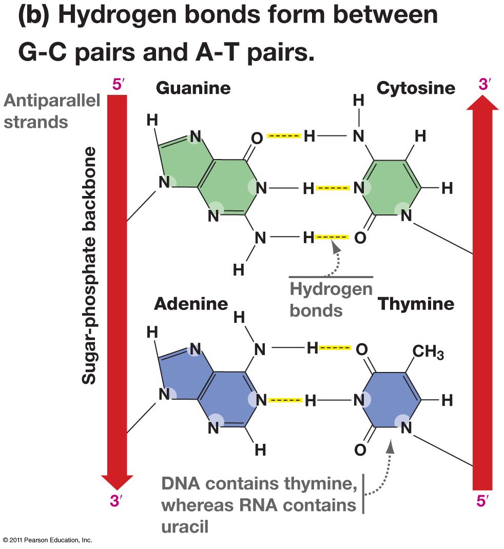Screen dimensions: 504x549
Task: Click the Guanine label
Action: [x=193, y=88]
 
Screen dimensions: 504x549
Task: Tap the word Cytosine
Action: [x=416, y=88]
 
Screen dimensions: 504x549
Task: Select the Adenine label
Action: [x=191, y=304]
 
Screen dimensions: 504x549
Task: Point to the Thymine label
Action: [x=416, y=304]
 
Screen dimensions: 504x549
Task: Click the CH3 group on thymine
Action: [x=428, y=351]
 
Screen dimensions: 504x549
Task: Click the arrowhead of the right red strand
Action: [x=482, y=103]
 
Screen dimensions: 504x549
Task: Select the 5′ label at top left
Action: [x=119, y=84]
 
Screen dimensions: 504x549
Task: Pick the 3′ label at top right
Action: [x=484, y=84]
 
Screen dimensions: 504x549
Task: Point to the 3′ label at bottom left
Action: [x=117, y=501]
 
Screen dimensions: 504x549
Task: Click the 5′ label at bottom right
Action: [x=482, y=501]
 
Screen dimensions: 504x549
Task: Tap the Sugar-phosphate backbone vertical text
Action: [x=89, y=265]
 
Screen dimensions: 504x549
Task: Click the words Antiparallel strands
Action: [x=52, y=111]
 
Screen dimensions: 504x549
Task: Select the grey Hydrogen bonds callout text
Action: [x=331, y=300]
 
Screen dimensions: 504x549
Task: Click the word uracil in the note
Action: [x=185, y=526]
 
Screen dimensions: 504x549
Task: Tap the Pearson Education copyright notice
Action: [x=48, y=540]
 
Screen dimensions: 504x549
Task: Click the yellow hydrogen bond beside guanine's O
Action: [x=284, y=136]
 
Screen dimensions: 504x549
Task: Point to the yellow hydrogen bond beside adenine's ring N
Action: [x=285, y=400]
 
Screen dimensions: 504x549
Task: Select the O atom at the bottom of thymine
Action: [x=360, y=449]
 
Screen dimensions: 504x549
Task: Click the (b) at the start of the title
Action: [x=34, y=15]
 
